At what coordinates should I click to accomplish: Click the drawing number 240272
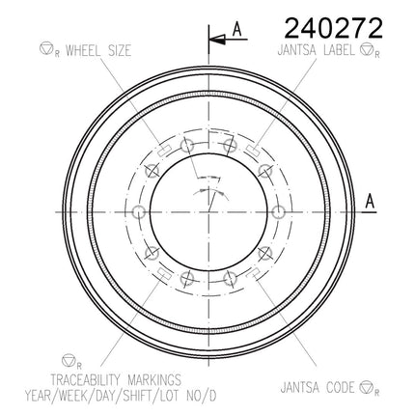(x=334, y=28)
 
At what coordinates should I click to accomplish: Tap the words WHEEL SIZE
(x=98, y=51)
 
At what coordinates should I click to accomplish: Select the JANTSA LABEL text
(x=316, y=50)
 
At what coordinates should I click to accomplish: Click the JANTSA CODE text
(x=318, y=387)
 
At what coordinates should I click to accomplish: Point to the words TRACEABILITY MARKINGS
(x=116, y=380)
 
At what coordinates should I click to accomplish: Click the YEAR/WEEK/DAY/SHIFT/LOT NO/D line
(x=121, y=396)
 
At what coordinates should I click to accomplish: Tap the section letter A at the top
(x=237, y=29)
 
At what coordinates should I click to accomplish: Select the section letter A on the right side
(x=371, y=201)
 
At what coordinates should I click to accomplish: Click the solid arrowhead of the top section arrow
(x=217, y=40)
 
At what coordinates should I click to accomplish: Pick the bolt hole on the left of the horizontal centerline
(x=139, y=211)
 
